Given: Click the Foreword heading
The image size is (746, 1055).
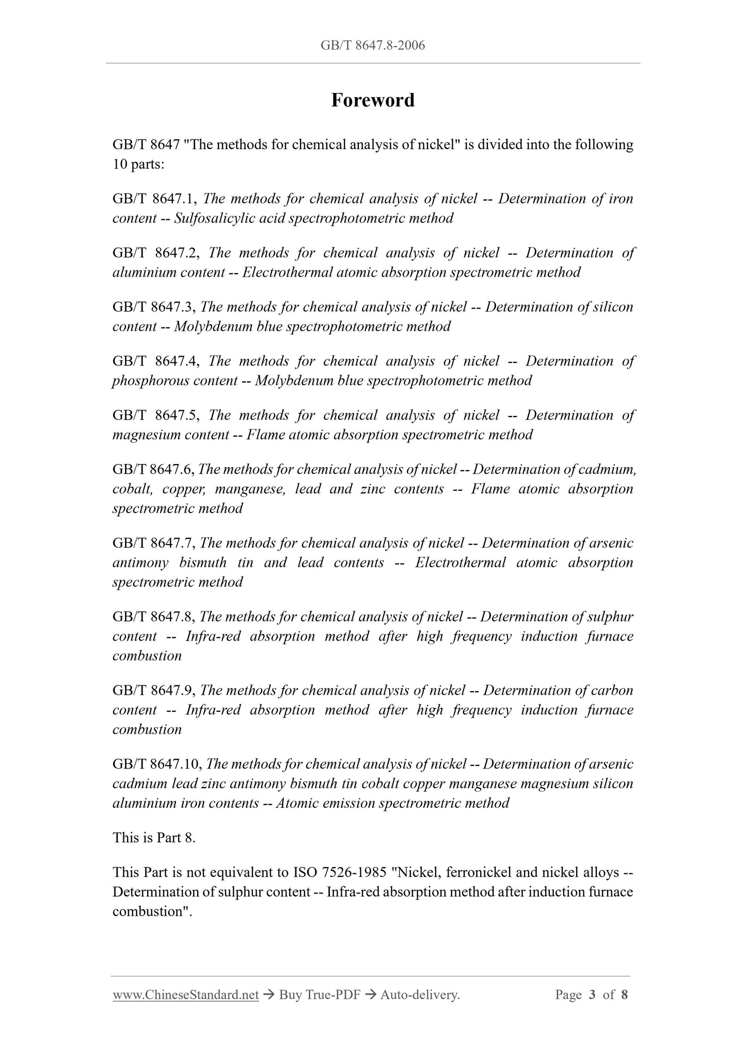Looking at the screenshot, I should (372, 100).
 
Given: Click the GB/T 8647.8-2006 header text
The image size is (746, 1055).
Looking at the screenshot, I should (372, 45).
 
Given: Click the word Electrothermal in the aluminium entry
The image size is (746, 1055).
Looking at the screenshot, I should (287, 273).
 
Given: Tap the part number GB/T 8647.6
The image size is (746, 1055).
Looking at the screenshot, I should (153, 470).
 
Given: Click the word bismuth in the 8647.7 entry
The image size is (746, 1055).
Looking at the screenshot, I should (203, 563).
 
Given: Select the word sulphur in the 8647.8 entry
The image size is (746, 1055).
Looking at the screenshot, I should (614, 617).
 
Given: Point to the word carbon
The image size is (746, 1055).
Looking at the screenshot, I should (614, 691).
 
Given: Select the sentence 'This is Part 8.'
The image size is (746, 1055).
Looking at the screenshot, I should (154, 838).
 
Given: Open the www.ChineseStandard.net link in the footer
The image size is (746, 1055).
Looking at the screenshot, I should (185, 995).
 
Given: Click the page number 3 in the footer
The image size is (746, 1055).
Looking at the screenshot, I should (592, 995).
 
